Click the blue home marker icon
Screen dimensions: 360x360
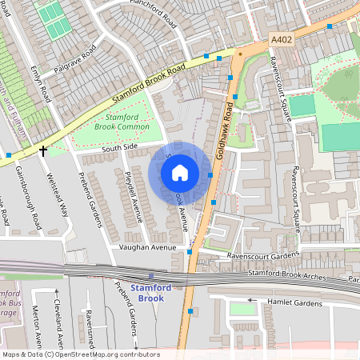(180, 173)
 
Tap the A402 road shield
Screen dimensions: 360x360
(281, 39)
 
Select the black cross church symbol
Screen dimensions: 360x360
(42, 149)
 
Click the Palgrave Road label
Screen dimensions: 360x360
(74, 61)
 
